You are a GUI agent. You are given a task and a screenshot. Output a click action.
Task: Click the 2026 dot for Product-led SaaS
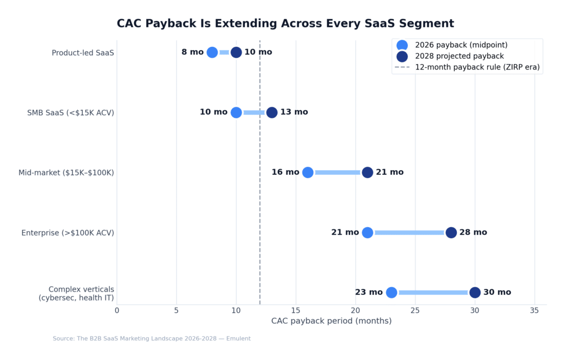coord(212,52)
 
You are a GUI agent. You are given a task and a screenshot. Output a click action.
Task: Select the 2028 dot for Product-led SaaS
coord(236,52)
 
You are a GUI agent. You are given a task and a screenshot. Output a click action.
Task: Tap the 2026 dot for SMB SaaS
coord(236,112)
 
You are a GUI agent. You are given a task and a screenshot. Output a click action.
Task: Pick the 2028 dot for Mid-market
coord(367,173)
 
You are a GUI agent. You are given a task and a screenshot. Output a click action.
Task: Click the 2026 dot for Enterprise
coord(367,233)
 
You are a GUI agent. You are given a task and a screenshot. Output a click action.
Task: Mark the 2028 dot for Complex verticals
coord(475,293)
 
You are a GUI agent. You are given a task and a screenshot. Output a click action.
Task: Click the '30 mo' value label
coord(497,293)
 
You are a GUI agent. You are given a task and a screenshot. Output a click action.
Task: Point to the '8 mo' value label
coord(193,52)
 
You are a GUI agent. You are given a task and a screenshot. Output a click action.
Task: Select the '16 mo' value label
coord(285,173)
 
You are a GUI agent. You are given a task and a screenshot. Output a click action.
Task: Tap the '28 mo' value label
coord(473,233)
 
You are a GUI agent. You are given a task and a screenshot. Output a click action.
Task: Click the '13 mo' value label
coord(294,112)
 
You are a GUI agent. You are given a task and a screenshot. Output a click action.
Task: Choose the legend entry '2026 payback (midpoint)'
coord(461,45)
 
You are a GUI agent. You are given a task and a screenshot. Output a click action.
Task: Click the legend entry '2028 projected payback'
coord(459,56)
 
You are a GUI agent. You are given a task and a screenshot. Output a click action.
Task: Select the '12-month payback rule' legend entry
coord(477,67)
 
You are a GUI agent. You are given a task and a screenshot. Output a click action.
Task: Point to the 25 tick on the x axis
coord(415,310)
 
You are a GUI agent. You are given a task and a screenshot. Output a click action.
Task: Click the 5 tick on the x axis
coord(177,310)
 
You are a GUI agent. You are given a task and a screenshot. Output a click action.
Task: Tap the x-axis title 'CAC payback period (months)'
coord(331,321)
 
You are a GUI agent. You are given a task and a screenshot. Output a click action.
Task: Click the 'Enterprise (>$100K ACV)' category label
coord(68,233)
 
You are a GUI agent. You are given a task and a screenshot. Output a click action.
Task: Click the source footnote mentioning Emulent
coord(152,338)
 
